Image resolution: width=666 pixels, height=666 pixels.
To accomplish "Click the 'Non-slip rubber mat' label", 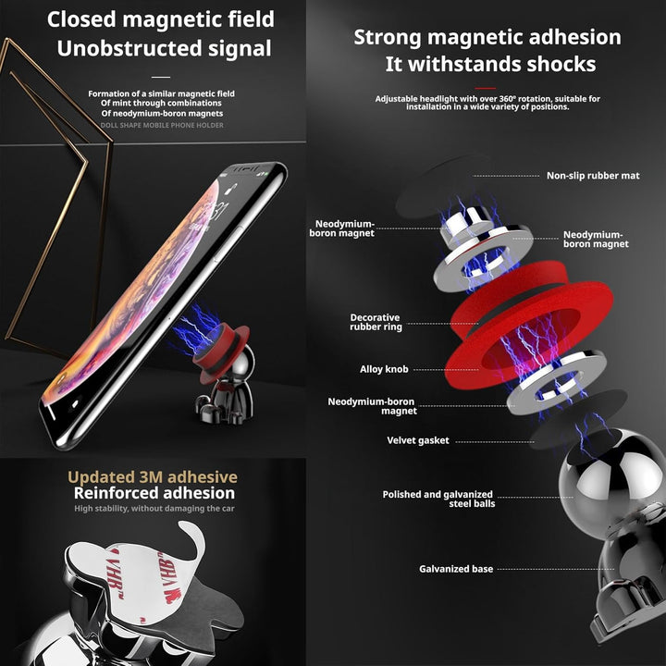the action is pos(593,176).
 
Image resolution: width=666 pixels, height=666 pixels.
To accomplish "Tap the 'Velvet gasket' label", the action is pos(418,440).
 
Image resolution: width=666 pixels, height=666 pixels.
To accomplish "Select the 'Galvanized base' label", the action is pos(456,569).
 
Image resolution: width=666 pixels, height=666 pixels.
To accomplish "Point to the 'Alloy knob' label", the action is pos(384,369).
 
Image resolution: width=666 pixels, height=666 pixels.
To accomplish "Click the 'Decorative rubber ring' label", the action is pos(376,322).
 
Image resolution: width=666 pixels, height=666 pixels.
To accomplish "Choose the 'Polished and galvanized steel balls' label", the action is pos(438,499).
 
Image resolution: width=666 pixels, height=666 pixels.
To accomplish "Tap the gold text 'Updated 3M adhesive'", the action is pos(153,477).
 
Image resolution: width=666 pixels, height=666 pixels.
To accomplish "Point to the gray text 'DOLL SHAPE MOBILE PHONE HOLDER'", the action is pos(162,125).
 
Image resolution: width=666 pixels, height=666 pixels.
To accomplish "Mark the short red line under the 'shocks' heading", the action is pos(486,89).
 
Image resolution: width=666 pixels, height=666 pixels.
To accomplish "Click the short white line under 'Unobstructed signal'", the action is pos(161,77).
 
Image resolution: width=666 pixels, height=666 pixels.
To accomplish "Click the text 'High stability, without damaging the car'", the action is pos(154,509).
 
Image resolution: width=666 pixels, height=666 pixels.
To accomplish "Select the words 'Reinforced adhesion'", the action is pos(154,493).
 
